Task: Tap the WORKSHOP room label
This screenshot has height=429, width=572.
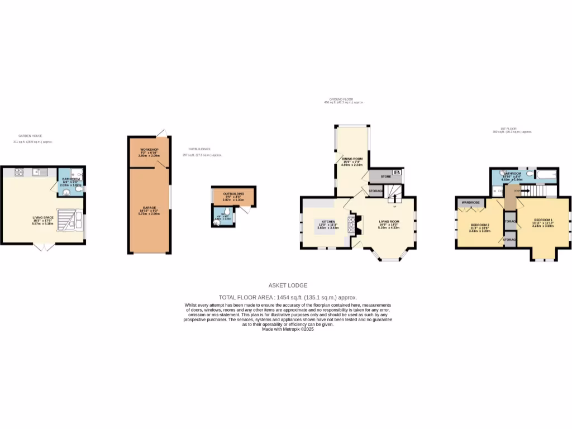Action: point(150,150)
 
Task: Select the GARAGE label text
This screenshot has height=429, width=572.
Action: point(149,207)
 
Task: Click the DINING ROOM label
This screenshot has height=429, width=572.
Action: point(352,159)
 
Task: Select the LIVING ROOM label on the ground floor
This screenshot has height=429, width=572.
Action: point(389,222)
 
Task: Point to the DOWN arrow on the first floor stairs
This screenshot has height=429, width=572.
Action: point(518,191)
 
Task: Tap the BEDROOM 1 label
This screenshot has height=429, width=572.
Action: point(542,220)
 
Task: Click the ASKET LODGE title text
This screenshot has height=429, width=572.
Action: point(288,285)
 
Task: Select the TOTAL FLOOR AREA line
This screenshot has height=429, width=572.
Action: point(288,297)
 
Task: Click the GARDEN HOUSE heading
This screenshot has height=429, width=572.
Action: point(30,136)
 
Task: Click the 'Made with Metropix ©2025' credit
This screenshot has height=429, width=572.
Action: point(288,330)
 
